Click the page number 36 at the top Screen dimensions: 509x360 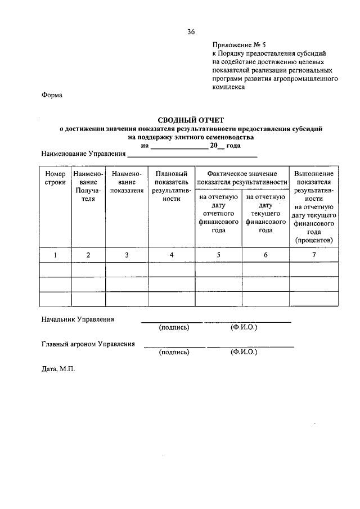191,32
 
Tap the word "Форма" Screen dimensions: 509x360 52,96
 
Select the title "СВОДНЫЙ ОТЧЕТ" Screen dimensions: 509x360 191,120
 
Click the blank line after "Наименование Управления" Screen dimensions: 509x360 192,155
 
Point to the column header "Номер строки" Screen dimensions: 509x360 55,178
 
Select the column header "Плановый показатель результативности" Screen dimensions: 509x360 171,187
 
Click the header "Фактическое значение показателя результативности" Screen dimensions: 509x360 242,178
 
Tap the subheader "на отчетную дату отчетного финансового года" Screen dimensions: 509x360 218,214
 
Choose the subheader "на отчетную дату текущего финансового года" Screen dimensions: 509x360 265,214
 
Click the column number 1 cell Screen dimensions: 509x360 55,255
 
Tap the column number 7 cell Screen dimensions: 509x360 314,255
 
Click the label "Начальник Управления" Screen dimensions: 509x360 78,319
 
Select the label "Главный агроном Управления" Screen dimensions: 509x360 88,344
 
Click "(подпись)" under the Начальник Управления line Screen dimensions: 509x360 174,327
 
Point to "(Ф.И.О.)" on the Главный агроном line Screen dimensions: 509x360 243,352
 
